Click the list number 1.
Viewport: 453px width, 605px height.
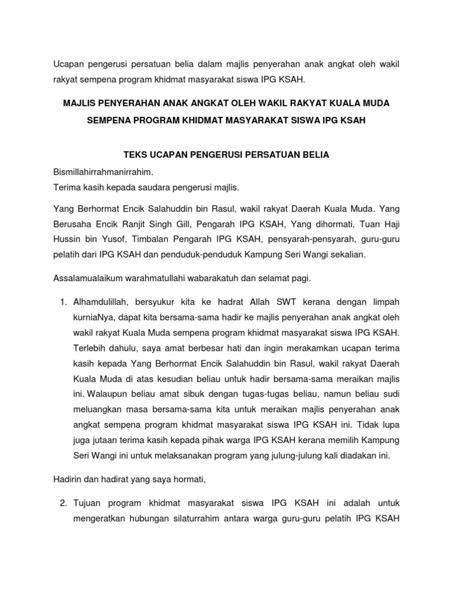pos(64,302)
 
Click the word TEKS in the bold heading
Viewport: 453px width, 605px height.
pos(135,155)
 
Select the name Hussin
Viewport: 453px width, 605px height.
pos(67,239)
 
